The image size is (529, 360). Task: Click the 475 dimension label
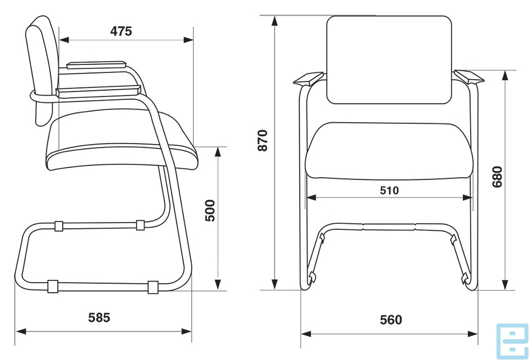[121, 31]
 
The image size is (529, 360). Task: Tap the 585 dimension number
[99, 317]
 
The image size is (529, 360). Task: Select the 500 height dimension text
[210, 211]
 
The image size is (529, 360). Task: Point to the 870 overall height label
[262, 140]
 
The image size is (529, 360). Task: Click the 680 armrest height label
[497, 177]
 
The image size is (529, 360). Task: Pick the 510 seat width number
[389, 191]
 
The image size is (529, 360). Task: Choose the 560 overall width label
[391, 320]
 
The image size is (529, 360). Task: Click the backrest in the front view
[389, 60]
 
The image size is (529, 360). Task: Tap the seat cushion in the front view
[389, 151]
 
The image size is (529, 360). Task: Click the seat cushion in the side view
[122, 142]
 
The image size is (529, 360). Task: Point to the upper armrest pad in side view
[96, 65]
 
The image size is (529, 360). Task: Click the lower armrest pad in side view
[98, 91]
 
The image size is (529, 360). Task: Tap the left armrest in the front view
[309, 79]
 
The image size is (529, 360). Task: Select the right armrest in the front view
[469, 77]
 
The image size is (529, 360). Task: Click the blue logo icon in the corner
[512, 341]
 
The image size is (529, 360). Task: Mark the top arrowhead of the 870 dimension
[275, 21]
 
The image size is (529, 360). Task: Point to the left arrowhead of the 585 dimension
[21, 331]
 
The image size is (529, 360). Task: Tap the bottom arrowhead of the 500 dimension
[218, 284]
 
